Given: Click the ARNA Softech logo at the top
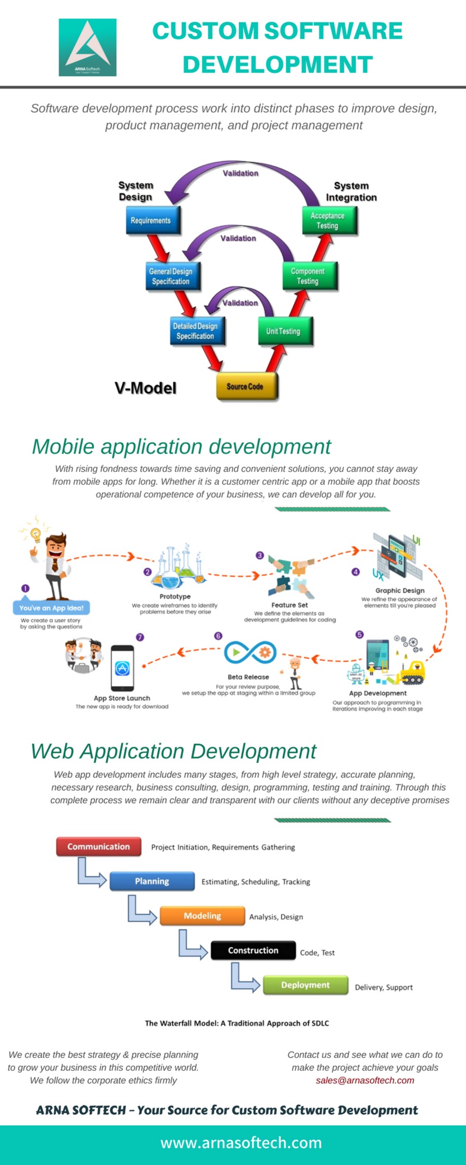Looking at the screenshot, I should coord(88,48).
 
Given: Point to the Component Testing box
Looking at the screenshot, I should coord(309,276).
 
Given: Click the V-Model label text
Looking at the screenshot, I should coord(145,388).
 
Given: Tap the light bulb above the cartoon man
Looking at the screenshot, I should coord(35,534).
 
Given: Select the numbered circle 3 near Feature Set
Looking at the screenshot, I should coord(260,556).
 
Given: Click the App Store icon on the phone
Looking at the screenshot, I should coord(122,668).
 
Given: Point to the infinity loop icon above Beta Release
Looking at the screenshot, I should coord(250,653).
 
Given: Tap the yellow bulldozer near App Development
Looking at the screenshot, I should coord(413,671).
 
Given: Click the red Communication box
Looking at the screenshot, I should coord(98,847).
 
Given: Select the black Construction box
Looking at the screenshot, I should coord(253,950).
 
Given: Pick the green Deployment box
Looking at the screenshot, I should coord(305,985).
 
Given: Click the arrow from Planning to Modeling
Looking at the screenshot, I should coord(141,910).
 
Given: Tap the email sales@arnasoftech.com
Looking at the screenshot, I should coord(365,1080).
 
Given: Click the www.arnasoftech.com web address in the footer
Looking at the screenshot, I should coord(241,1142).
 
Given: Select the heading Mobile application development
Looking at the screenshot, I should coord(181,446).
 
